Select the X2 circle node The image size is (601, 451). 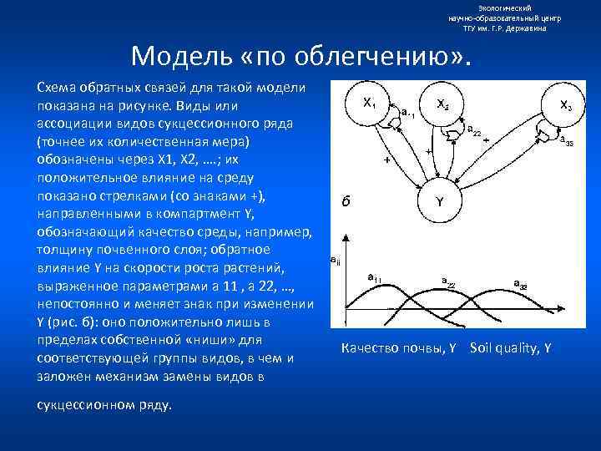(x=442, y=104)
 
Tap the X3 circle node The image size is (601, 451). (x=564, y=106)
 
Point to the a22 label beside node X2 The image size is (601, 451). (x=472, y=129)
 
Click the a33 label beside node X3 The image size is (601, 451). (x=566, y=139)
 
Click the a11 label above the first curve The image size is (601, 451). (x=375, y=277)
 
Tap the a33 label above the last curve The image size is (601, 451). (x=519, y=285)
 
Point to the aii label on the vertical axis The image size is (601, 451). (x=335, y=261)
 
